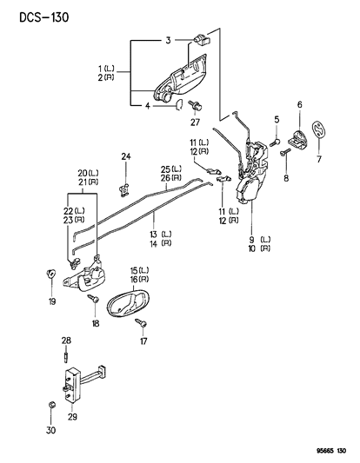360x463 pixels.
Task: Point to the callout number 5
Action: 276,120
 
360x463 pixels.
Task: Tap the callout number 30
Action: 50,430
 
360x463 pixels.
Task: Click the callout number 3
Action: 169,40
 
